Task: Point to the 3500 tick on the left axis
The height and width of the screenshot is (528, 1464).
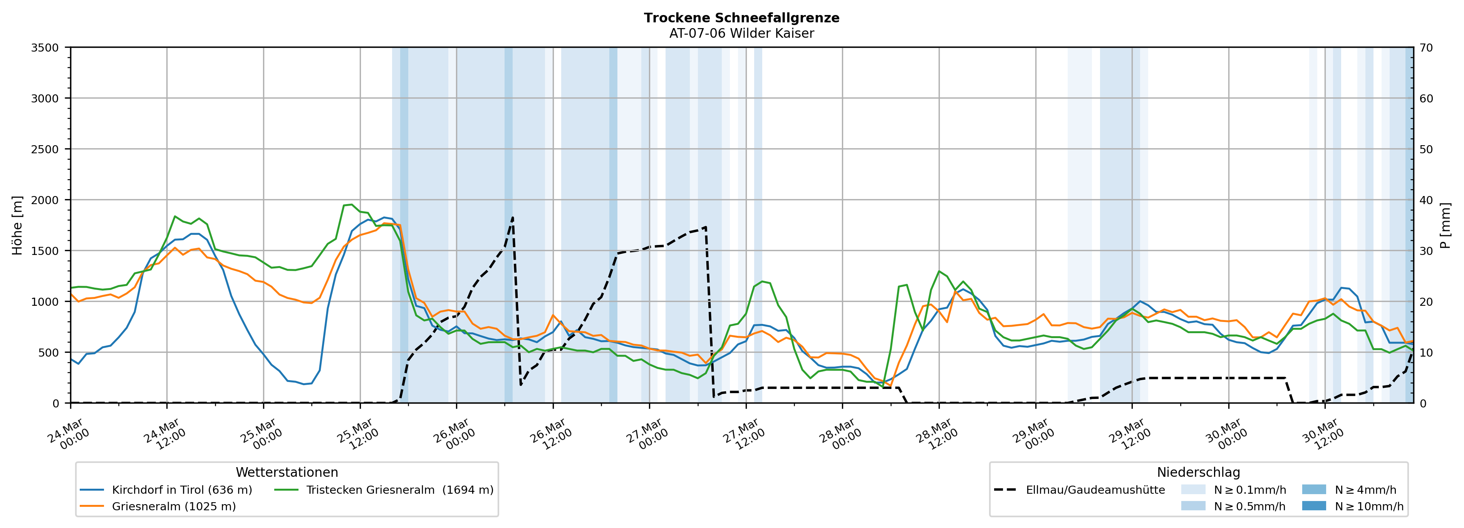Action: (x=45, y=48)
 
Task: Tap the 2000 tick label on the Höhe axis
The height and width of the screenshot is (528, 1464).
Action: (x=45, y=200)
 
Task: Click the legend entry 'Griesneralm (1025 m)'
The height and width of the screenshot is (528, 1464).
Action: (x=173, y=506)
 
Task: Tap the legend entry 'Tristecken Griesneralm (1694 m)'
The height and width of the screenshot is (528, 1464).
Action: (x=399, y=490)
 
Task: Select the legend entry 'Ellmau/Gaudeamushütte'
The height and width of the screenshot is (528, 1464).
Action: (x=1095, y=490)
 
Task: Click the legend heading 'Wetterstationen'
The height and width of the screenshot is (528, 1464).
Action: (x=287, y=472)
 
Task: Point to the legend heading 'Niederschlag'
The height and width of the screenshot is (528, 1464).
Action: (x=1198, y=472)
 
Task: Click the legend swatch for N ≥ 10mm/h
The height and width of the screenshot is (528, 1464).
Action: (x=1313, y=506)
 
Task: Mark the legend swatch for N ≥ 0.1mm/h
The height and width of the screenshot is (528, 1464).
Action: (x=1193, y=489)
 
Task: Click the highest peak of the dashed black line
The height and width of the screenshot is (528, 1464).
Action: (x=513, y=217)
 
